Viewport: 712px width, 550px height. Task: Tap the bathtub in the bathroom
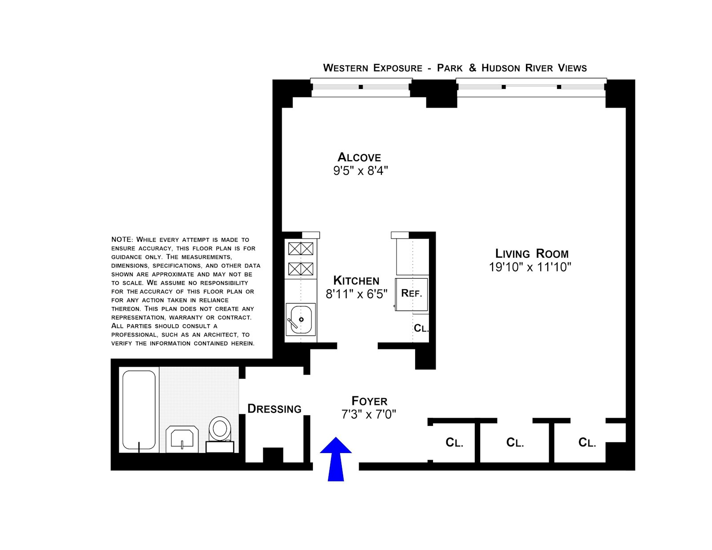tap(139, 410)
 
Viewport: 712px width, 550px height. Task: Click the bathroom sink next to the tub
tap(182, 438)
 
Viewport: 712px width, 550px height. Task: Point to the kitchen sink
tap(301, 319)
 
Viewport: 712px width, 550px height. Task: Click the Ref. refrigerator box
tap(412, 294)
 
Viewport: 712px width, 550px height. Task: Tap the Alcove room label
tap(359, 158)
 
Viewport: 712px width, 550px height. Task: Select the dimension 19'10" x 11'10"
tap(530, 267)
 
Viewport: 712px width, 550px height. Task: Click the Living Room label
tap(532, 254)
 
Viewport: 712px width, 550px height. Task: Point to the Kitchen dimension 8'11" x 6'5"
tap(356, 294)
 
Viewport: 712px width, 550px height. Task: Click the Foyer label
tap(369, 401)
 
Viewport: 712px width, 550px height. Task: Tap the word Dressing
tap(274, 408)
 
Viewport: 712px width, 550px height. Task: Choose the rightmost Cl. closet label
tap(587, 442)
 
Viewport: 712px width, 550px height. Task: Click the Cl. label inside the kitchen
tap(421, 328)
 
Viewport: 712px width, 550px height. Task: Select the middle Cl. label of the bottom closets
tap(515, 442)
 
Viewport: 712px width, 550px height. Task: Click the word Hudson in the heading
tap(501, 68)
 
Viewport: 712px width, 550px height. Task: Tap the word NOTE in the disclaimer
tap(122, 239)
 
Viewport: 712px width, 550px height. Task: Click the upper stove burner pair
tap(301, 248)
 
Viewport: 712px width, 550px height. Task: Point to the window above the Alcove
tap(360, 87)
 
